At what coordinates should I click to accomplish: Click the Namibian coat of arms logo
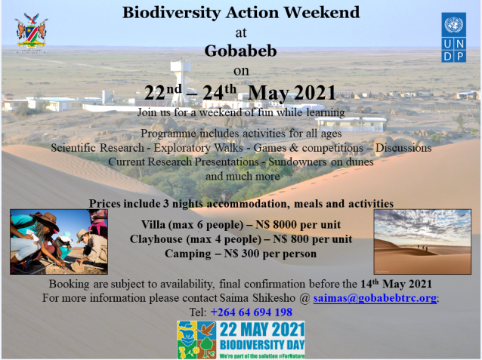(x=31, y=32)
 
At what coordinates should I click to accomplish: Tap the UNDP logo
(x=454, y=37)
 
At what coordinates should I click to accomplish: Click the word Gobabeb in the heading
(x=241, y=51)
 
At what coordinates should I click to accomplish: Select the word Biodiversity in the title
(x=171, y=13)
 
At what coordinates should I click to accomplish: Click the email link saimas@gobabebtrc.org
(x=375, y=298)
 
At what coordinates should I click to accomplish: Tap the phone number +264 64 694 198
(x=251, y=312)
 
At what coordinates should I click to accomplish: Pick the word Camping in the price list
(x=188, y=254)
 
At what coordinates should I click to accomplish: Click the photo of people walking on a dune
(x=422, y=242)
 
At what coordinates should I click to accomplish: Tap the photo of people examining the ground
(x=59, y=242)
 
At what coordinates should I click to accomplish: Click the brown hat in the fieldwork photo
(x=47, y=220)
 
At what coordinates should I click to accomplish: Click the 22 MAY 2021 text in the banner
(x=262, y=330)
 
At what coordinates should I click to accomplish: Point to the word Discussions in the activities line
(x=403, y=148)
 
